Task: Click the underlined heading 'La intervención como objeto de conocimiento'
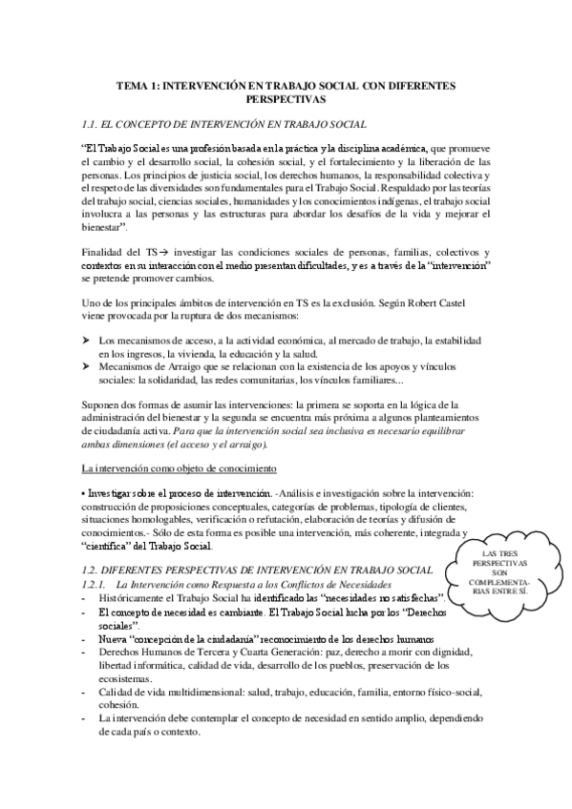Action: (180, 469)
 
